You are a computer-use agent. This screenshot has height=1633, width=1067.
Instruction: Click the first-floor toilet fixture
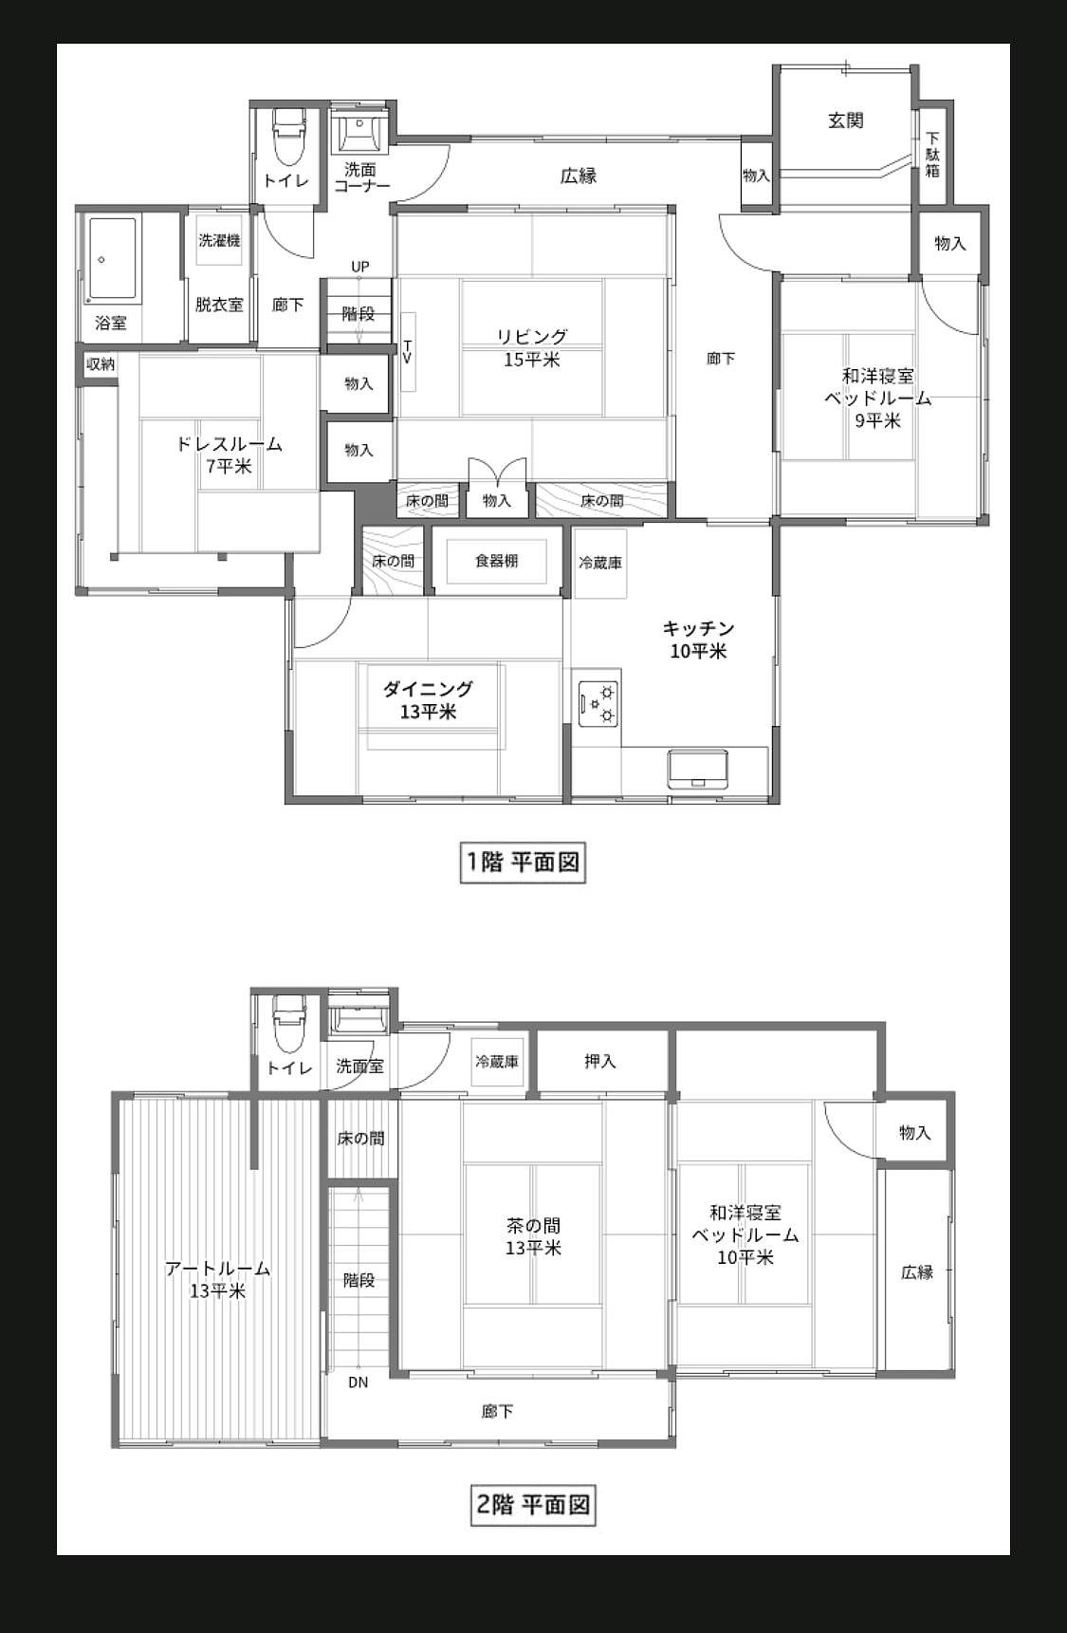point(287,138)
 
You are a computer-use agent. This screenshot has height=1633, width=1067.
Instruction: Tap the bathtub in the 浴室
point(113,261)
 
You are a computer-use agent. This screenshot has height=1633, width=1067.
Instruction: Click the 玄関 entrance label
point(845,121)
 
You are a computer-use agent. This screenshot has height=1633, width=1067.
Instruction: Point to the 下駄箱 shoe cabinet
point(932,154)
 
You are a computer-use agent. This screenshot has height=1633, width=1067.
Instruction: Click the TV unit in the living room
point(408,351)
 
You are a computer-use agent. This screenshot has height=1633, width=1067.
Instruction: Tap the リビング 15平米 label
point(532,348)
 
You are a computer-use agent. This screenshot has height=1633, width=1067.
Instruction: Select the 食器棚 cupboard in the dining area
point(496,561)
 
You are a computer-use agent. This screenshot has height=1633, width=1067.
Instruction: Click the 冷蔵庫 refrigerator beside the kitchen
point(600,563)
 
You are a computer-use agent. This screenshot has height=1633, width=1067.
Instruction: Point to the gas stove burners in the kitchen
point(599,703)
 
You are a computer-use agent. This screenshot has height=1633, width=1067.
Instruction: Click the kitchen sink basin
point(699,769)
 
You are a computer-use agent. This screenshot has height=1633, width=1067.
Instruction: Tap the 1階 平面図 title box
point(523,863)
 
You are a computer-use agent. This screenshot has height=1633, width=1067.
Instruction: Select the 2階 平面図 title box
point(533,1504)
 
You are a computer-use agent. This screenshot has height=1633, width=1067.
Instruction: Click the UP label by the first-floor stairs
point(360,267)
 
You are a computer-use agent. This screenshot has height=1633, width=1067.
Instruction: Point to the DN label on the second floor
point(358,1382)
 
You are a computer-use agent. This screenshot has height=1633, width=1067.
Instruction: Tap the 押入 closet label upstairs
point(600,1062)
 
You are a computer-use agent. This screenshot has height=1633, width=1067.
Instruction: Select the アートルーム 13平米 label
point(218,1279)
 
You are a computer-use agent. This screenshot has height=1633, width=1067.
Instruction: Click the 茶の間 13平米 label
point(533,1236)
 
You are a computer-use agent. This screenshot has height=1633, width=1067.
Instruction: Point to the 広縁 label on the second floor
point(917,1272)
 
